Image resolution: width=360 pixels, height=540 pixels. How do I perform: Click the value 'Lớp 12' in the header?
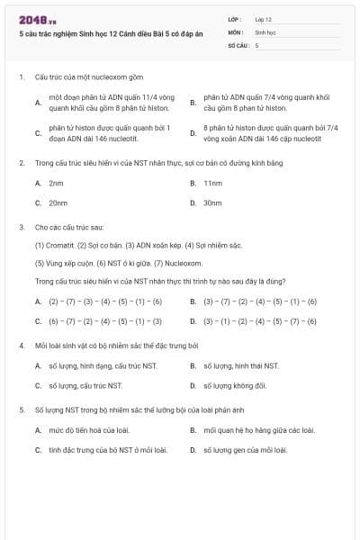[x=264, y=19]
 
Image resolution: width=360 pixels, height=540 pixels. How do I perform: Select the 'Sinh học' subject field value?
[x=265, y=31]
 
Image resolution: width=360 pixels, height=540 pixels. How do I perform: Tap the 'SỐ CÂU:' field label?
[x=238, y=44]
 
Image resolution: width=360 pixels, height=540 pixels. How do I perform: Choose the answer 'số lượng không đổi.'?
[x=234, y=385]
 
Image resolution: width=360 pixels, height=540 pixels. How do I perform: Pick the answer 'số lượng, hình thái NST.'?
[x=240, y=365]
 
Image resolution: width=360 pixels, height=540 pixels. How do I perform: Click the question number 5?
[x=21, y=409]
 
